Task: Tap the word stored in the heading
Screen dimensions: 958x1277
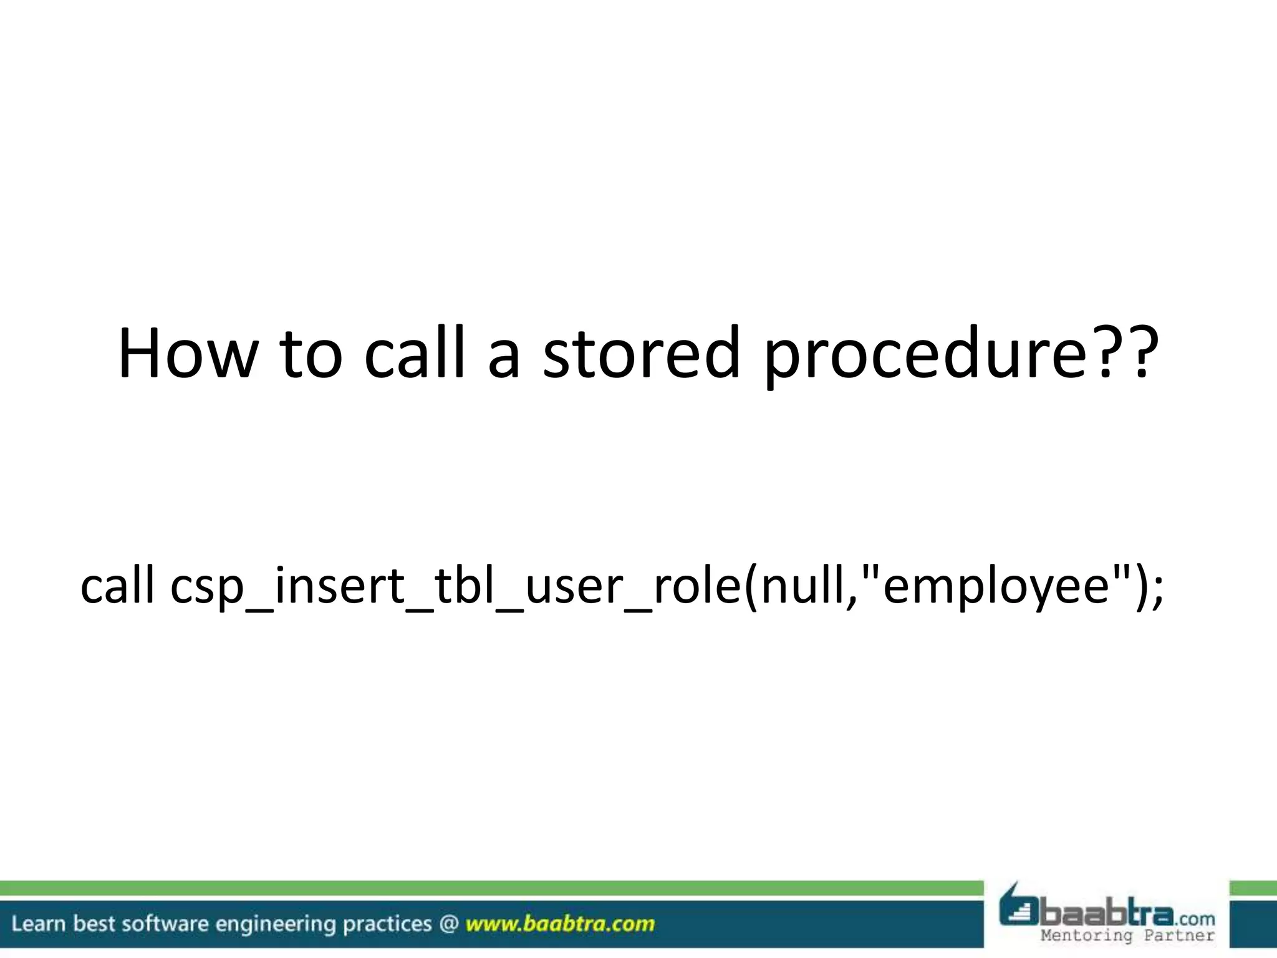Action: point(641,354)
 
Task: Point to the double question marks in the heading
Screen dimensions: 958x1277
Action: point(1122,354)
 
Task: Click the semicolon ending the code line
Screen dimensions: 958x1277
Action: point(1157,589)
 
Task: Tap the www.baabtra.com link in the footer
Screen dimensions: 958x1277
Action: point(560,924)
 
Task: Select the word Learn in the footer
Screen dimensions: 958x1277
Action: point(38,924)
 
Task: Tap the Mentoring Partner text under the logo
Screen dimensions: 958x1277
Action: point(1127,936)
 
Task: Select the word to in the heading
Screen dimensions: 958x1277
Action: point(310,354)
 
